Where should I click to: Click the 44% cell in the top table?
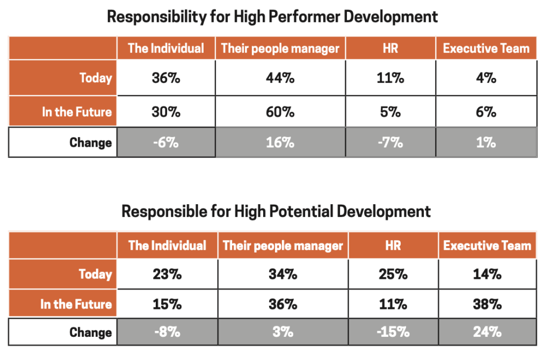280,78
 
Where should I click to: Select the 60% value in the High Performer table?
280,112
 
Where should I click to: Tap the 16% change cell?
280,142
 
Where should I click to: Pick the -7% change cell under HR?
390,142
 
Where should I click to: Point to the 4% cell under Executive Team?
486,78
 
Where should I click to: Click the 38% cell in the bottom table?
488,304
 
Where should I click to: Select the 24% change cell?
488,332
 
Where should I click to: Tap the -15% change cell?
393,332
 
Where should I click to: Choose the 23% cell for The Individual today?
167,275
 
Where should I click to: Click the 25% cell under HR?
393,275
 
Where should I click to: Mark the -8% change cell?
167,332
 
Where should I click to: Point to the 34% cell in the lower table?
283,275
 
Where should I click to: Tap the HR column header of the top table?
390,48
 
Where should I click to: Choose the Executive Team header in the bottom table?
487,246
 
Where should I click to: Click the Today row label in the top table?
96,78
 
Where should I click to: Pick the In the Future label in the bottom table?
76,304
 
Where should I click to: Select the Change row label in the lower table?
90,332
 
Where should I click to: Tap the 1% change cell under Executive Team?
486,142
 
